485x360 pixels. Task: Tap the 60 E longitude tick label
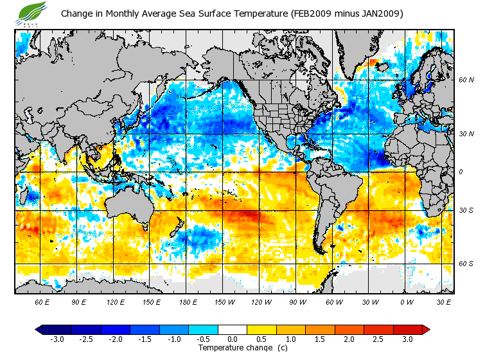[x=43, y=301]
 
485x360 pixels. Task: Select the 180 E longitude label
[x=188, y=301]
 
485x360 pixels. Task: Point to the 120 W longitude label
[x=261, y=301]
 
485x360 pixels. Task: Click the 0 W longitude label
[x=406, y=301]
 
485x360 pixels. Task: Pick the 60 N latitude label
[x=466, y=80]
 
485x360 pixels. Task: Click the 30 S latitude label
[x=466, y=210]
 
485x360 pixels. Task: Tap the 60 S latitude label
[x=466, y=264]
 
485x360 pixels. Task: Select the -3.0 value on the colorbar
[x=57, y=339]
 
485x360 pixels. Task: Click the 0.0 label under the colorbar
[x=233, y=339]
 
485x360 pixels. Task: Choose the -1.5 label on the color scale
[x=145, y=339]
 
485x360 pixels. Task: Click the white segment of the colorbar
[x=233, y=329]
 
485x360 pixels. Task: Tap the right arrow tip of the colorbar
[x=426, y=329]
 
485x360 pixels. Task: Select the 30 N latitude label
[x=466, y=134]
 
